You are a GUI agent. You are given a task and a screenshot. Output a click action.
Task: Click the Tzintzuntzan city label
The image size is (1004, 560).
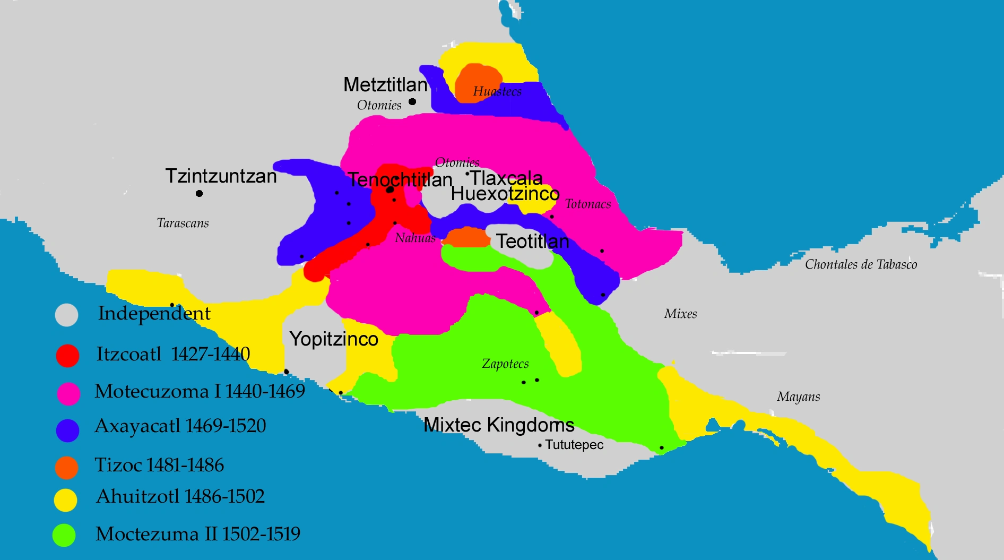click(221, 176)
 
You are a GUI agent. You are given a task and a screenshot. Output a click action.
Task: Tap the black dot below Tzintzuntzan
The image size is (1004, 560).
click(199, 193)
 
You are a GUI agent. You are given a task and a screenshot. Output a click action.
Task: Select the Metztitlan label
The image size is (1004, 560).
click(385, 84)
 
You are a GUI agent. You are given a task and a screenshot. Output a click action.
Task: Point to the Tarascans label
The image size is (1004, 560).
click(183, 223)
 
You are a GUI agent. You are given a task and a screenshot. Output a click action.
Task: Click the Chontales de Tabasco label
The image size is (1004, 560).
click(861, 264)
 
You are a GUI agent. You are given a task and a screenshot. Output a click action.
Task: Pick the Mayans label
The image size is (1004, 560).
click(798, 397)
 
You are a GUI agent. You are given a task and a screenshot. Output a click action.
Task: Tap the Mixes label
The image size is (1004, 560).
click(680, 314)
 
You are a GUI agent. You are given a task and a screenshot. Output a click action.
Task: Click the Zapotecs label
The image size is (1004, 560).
click(505, 364)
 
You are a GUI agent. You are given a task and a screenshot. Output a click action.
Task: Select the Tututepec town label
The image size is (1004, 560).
click(574, 445)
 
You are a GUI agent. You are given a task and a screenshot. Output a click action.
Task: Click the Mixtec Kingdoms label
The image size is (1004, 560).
click(499, 425)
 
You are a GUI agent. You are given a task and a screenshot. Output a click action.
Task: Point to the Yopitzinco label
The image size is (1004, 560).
click(334, 339)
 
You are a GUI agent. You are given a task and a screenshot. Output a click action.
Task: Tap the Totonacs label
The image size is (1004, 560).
click(588, 204)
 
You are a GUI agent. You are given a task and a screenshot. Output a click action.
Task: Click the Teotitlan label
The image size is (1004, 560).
click(532, 242)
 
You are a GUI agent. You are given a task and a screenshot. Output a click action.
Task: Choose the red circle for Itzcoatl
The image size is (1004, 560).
click(67, 356)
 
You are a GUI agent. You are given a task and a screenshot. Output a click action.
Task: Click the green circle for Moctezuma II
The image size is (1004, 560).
click(64, 535)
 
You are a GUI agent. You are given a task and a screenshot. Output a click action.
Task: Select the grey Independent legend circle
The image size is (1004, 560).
click(67, 315)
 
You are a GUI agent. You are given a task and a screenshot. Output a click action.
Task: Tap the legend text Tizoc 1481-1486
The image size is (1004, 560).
click(159, 465)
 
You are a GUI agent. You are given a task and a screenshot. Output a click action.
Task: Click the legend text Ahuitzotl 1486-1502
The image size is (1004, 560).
click(180, 496)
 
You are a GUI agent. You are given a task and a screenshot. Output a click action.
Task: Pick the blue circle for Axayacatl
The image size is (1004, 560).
click(67, 430)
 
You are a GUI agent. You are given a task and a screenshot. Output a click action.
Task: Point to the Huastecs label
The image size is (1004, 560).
click(497, 91)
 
